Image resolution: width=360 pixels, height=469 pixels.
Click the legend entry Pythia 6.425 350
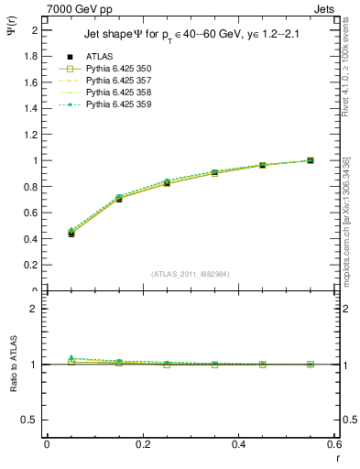click(x=117, y=70)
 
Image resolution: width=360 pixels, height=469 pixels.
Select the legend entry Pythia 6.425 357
click(x=117, y=82)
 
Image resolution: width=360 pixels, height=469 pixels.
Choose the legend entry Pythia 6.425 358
click(x=117, y=93)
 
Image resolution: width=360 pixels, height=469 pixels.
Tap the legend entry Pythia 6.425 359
click(x=117, y=104)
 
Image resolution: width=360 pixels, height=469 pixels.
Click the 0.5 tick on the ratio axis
click(x=31, y=420)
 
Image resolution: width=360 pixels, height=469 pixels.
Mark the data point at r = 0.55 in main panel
click(x=311, y=160)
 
